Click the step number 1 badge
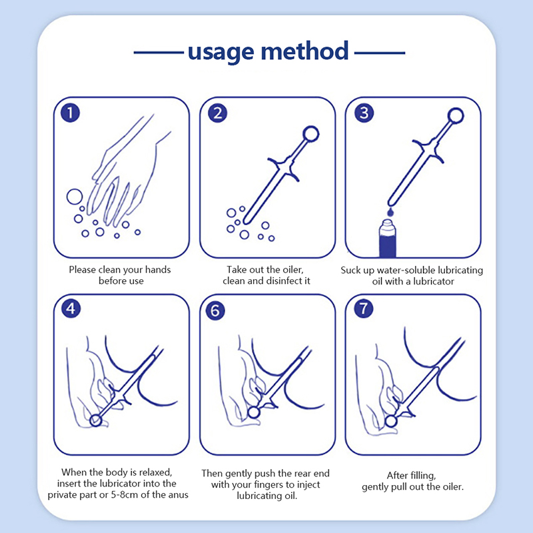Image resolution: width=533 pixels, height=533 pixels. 71,113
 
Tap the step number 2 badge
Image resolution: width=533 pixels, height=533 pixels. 218,113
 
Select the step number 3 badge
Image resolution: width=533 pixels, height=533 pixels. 364,113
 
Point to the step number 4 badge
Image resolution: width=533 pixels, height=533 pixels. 71,308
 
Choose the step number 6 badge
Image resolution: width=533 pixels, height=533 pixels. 215,310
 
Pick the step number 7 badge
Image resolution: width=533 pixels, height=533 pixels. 364,308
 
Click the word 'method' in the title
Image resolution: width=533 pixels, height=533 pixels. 304,51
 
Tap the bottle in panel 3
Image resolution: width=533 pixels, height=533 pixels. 388,239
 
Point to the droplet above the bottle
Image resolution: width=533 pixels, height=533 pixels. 390,212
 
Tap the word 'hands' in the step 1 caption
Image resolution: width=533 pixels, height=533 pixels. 158,270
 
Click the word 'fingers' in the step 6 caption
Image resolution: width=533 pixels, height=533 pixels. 270,485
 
